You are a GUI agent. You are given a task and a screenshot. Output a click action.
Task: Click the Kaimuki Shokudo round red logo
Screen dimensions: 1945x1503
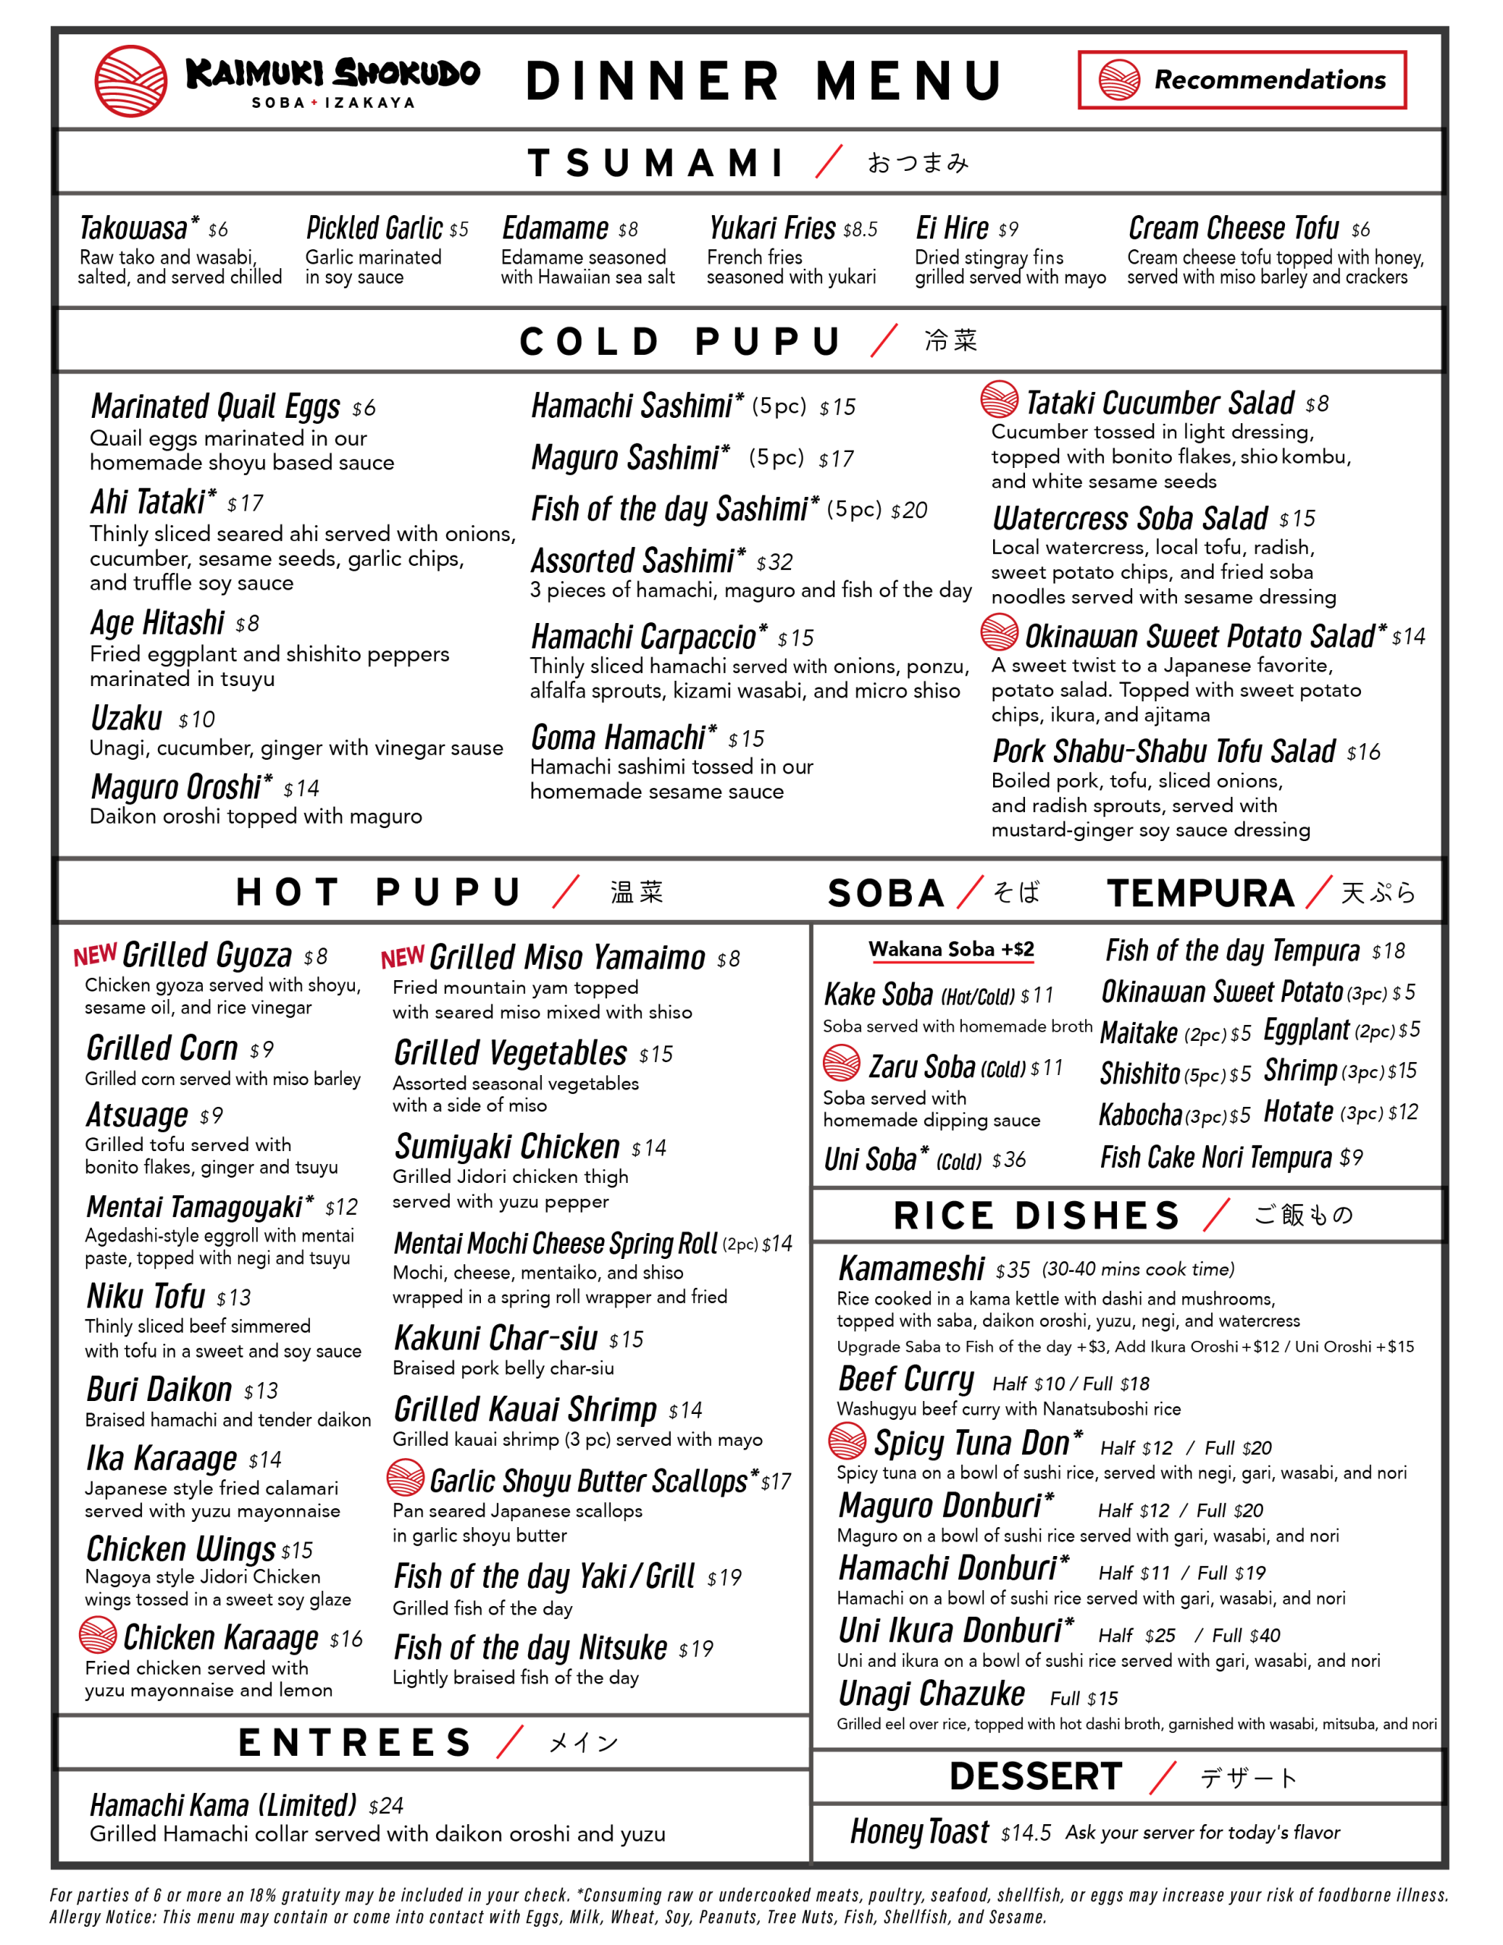coord(130,81)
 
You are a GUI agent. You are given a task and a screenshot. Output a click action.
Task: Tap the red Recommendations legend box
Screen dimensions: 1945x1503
coord(1241,80)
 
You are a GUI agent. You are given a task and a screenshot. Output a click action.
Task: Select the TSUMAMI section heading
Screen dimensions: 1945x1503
coord(657,163)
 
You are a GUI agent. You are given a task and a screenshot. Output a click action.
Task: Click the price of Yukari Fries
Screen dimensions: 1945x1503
coord(859,229)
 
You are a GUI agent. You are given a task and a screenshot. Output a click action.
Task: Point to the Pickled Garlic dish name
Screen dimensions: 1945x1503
coord(374,229)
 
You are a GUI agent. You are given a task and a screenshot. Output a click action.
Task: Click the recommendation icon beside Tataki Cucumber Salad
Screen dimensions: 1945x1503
coord(998,400)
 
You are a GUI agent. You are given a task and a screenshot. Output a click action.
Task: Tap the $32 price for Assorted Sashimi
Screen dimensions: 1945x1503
coord(774,562)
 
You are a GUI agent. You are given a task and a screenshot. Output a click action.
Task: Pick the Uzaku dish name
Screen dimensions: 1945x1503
coord(126,718)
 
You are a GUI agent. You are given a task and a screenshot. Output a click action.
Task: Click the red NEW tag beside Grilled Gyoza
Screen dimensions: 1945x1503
coord(95,956)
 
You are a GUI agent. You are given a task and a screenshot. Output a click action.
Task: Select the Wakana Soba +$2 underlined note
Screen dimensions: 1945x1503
coord(951,950)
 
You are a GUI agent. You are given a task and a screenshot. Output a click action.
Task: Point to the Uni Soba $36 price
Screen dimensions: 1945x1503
coord(1008,1159)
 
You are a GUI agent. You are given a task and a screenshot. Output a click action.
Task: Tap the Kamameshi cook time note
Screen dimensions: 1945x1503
coord(1138,1269)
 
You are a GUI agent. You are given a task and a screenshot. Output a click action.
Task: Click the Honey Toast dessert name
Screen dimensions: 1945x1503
coord(919,1832)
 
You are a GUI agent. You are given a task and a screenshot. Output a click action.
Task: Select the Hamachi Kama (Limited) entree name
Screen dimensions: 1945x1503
coord(223,1805)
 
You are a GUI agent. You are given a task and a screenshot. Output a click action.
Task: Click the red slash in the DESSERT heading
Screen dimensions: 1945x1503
coord(1163,1778)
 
